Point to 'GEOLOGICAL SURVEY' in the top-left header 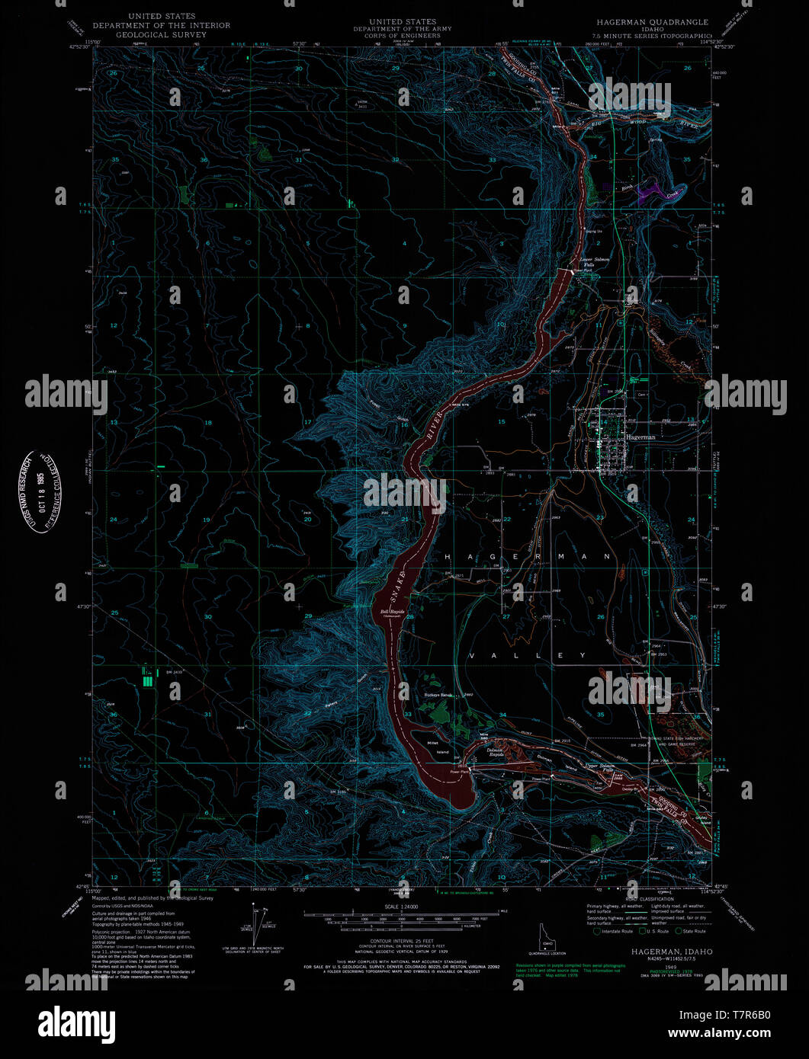[161, 34]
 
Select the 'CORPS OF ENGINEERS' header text [402, 34]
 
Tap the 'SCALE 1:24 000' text [401, 906]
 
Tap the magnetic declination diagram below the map [260, 923]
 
